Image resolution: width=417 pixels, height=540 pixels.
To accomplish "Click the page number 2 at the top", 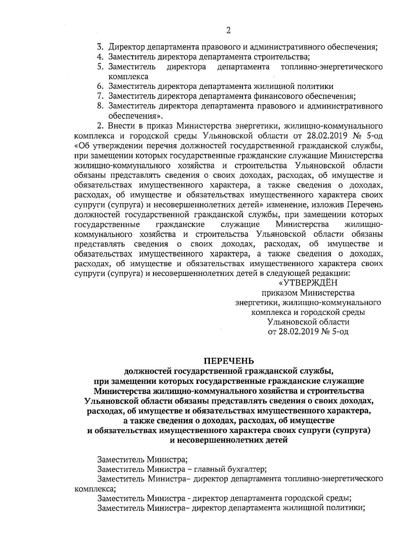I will tap(228, 31).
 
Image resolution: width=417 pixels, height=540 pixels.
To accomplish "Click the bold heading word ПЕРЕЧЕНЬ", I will tap(229, 360).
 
